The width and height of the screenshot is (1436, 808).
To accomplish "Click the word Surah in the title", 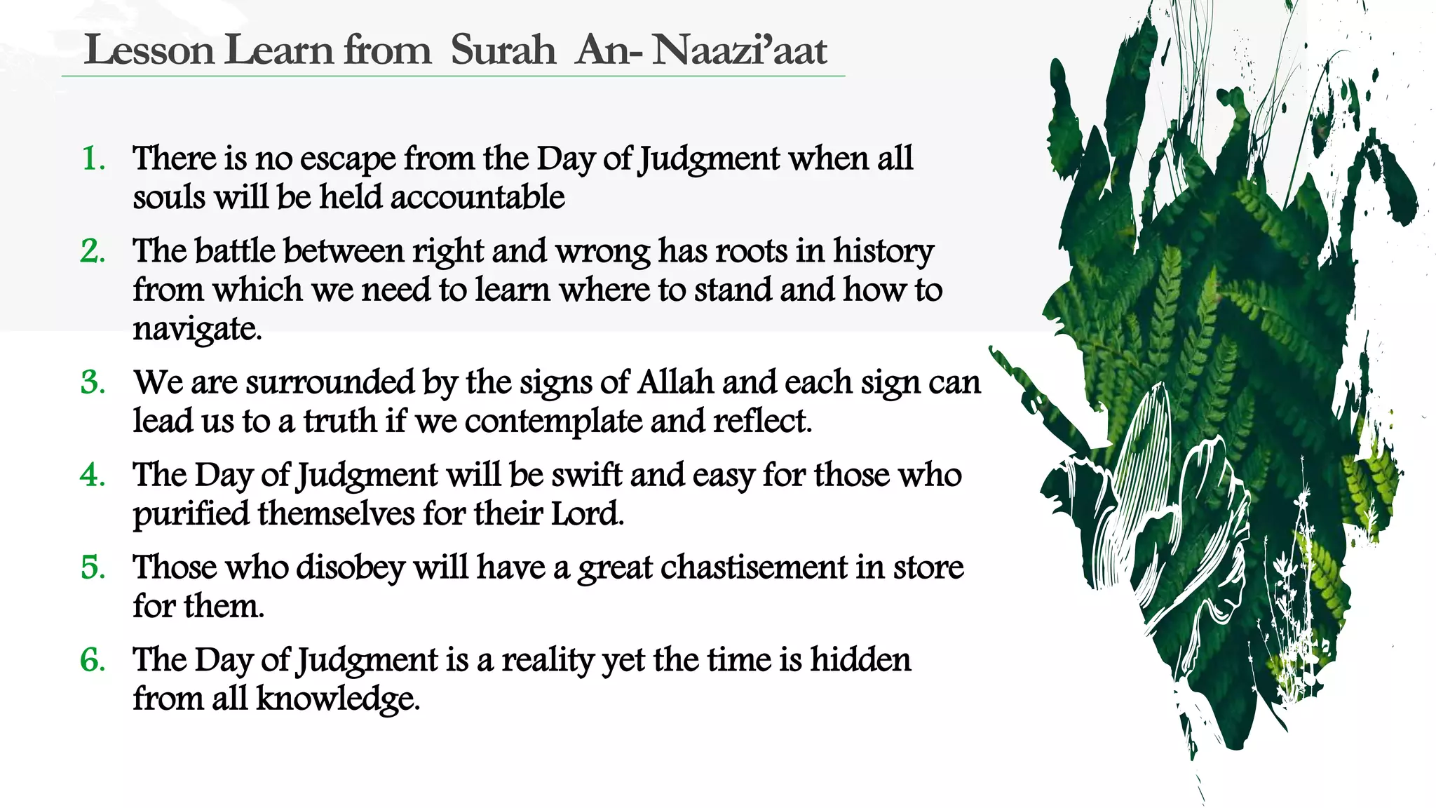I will pyautogui.click(x=503, y=50).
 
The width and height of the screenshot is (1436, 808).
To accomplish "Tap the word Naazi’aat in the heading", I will pyautogui.click(x=739, y=50).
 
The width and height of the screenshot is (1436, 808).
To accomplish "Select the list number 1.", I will pyautogui.click(x=93, y=159).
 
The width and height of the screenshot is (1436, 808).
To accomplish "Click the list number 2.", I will pyautogui.click(x=93, y=251).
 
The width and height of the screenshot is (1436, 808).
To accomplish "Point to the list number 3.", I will pyautogui.click(x=93, y=383).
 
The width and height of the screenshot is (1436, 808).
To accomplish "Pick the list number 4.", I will pyautogui.click(x=93, y=476).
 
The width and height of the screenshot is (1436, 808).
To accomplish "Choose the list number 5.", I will pyautogui.click(x=93, y=567).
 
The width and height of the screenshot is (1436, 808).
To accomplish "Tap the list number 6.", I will pyautogui.click(x=93, y=660).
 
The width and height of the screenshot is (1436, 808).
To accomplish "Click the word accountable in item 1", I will pyautogui.click(x=477, y=197).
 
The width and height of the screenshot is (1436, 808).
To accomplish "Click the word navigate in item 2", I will pyautogui.click(x=196, y=329).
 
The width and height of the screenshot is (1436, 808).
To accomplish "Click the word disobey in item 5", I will pyautogui.click(x=351, y=567).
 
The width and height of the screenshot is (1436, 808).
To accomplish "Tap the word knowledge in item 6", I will pyautogui.click(x=337, y=699).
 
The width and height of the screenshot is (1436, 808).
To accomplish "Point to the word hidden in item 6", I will pyautogui.click(x=860, y=660).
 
